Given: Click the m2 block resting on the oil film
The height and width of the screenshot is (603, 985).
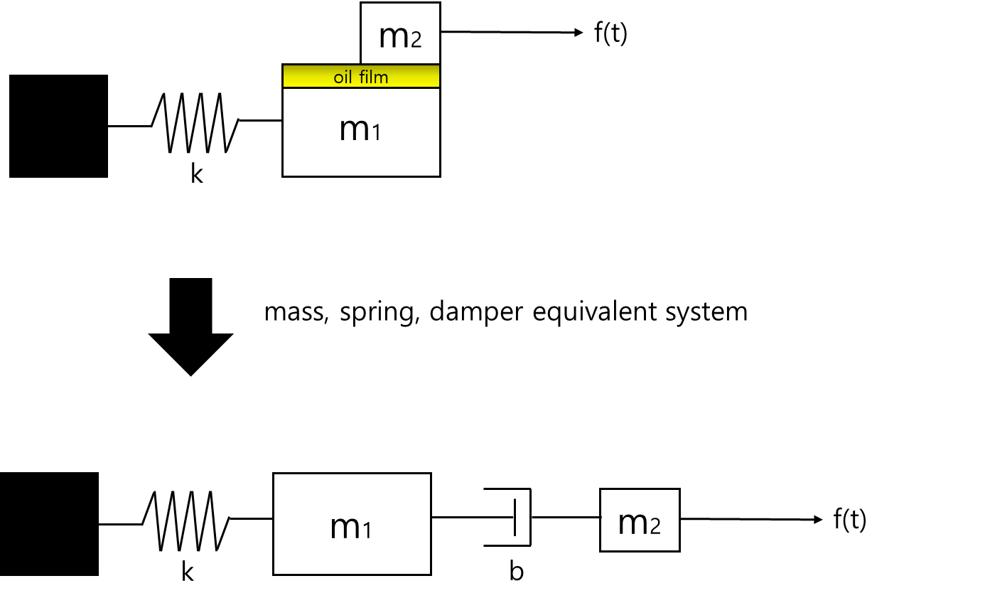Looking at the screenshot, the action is click(x=400, y=33).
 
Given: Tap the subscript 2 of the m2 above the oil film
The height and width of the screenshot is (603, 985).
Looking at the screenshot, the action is click(x=416, y=40).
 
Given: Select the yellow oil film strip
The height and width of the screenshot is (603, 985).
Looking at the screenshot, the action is click(x=361, y=76).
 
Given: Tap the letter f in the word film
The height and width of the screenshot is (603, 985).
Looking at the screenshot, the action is click(x=362, y=77).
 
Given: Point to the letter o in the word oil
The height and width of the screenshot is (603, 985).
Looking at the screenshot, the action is click(x=338, y=78).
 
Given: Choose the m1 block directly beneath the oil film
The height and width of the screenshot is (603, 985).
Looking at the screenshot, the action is click(x=361, y=132).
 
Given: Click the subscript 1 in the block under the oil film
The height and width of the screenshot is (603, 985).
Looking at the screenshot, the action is click(x=376, y=133).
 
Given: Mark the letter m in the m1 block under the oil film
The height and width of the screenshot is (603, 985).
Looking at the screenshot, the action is click(x=353, y=130).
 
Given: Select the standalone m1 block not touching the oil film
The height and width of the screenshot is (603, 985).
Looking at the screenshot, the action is click(x=352, y=523).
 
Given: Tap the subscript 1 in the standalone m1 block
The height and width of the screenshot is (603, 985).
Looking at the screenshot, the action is click(x=367, y=530).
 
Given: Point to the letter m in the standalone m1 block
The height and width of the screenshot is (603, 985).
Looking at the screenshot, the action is click(x=344, y=528).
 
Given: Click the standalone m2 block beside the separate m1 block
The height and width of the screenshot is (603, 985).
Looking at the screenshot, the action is click(x=640, y=520).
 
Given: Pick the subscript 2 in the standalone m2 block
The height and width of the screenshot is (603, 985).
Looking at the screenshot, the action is click(x=655, y=526).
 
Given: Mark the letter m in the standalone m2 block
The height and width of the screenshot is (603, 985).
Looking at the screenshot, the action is click(x=633, y=523).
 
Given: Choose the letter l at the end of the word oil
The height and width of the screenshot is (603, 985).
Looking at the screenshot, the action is click(x=350, y=77).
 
